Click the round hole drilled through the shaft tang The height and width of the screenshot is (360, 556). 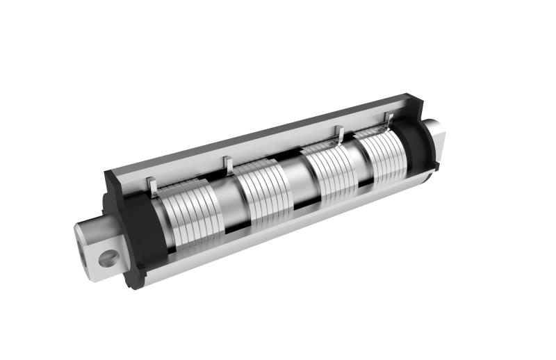(108, 259)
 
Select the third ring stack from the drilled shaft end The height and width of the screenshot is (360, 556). (330, 171)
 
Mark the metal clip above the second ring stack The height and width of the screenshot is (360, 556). (228, 165)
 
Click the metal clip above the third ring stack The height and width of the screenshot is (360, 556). (341, 133)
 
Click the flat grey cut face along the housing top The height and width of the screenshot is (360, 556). (264, 136)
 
